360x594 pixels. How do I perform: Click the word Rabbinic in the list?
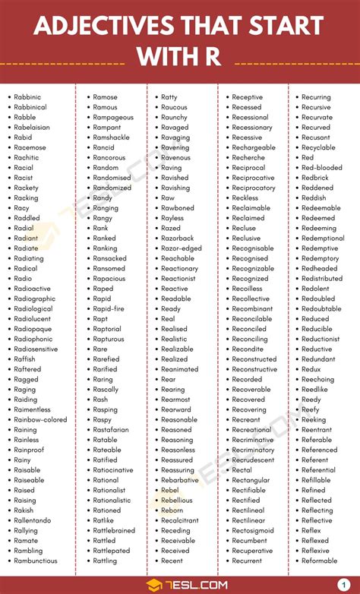click(x=30, y=97)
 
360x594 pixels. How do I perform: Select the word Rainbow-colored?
click(x=40, y=419)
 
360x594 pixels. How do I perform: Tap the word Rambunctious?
click(x=35, y=561)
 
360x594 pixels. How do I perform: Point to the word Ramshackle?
click(x=111, y=137)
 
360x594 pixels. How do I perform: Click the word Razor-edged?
click(x=182, y=248)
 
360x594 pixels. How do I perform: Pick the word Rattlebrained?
click(x=114, y=530)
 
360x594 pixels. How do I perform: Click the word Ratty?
click(x=169, y=97)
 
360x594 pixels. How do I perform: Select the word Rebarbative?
click(x=180, y=480)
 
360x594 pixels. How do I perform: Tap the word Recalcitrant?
click(x=180, y=520)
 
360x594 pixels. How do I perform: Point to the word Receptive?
click(x=248, y=97)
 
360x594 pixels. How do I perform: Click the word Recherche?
click(x=248, y=158)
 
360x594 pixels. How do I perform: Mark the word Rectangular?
click(x=251, y=480)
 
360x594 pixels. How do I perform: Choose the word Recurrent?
click(x=248, y=561)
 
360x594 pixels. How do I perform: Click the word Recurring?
click(x=316, y=97)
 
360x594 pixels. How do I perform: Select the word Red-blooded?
click(x=321, y=168)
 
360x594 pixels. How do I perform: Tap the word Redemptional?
click(x=323, y=239)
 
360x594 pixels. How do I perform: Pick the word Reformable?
click(x=319, y=561)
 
